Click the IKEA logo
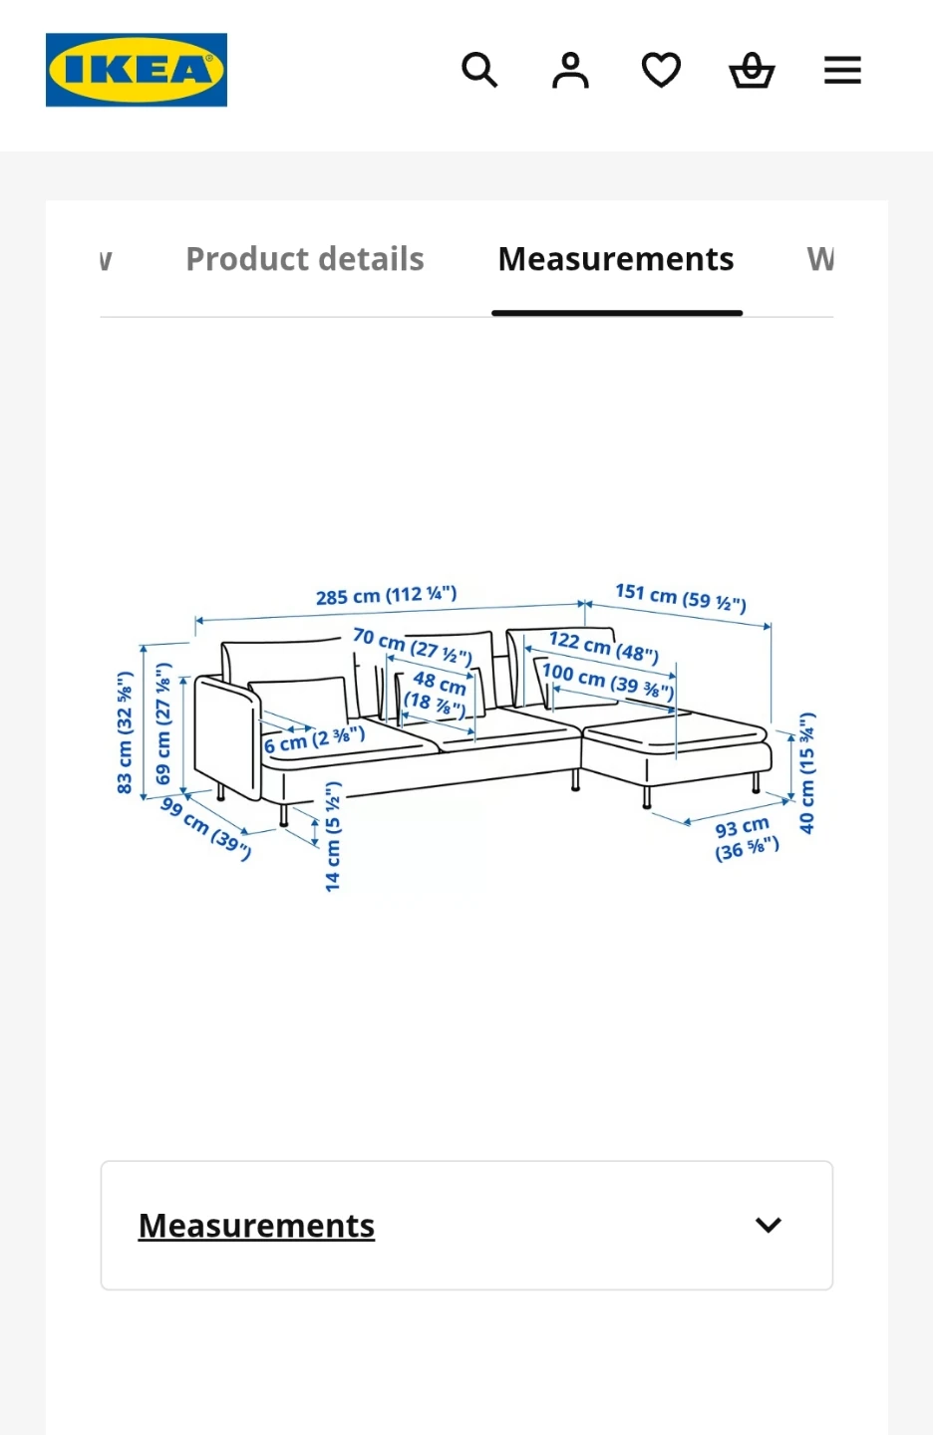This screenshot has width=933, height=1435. pyautogui.click(x=137, y=70)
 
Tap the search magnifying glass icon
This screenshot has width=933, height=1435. pyautogui.click(x=479, y=70)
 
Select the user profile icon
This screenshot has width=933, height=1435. pyautogui.click(x=570, y=70)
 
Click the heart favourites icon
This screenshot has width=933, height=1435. pyautogui.click(x=661, y=70)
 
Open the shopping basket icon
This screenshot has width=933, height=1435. pyautogui.click(x=753, y=70)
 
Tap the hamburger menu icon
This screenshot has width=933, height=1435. pyautogui.click(x=842, y=70)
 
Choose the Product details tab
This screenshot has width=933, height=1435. pyautogui.click(x=305, y=259)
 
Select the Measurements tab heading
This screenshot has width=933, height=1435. pyautogui.click(x=616, y=259)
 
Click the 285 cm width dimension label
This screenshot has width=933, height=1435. pyautogui.click(x=387, y=595)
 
